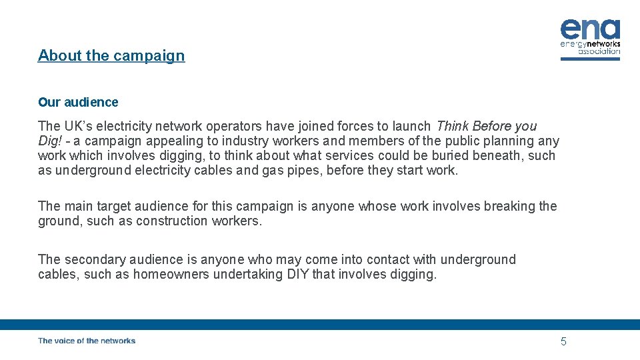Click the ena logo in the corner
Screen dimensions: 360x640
click(590, 39)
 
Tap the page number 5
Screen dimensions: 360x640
click(563, 341)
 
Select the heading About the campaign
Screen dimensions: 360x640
click(111, 55)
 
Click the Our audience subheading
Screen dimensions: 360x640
click(78, 102)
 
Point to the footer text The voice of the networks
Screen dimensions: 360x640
click(87, 341)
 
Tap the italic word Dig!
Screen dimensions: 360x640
click(50, 141)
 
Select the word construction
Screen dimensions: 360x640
click(173, 221)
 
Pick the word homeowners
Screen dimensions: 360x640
click(171, 274)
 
